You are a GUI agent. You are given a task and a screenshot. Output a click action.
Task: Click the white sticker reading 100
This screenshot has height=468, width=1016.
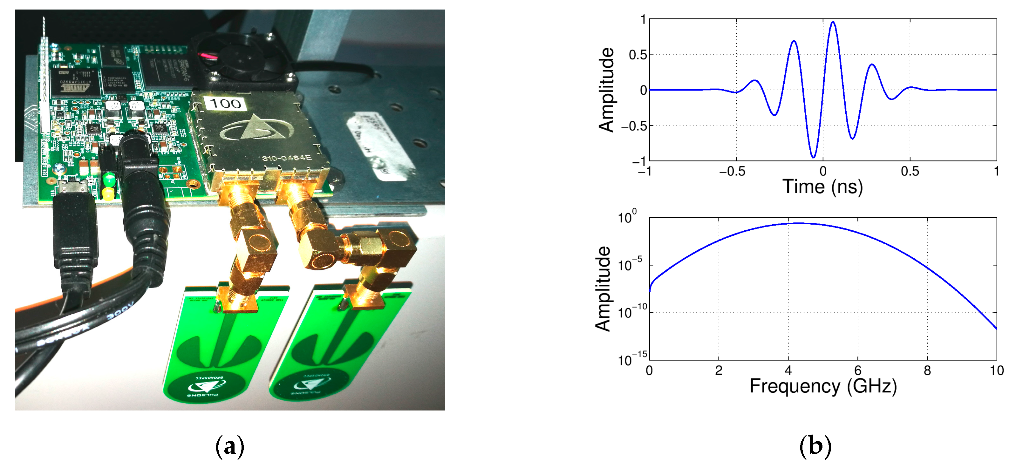tap(225, 104)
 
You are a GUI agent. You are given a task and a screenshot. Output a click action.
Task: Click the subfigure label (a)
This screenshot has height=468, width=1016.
tap(230, 446)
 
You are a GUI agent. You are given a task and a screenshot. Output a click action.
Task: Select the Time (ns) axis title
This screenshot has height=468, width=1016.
tap(823, 187)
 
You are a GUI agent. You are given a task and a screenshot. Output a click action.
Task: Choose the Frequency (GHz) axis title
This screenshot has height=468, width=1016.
tap(823, 386)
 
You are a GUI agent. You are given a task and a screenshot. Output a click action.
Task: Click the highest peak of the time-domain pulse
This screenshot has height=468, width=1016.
tap(833, 23)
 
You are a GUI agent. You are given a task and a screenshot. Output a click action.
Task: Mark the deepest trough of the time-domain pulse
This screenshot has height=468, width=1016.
tap(813, 157)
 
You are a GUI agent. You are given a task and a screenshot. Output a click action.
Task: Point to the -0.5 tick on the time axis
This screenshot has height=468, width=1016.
tap(733, 172)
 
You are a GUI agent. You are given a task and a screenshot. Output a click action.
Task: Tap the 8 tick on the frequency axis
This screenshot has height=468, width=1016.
tap(927, 370)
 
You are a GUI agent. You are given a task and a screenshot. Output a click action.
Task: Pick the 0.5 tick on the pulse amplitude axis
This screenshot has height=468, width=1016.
tap(638, 55)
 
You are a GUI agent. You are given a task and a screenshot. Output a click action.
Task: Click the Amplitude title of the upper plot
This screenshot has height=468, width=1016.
tap(607, 90)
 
